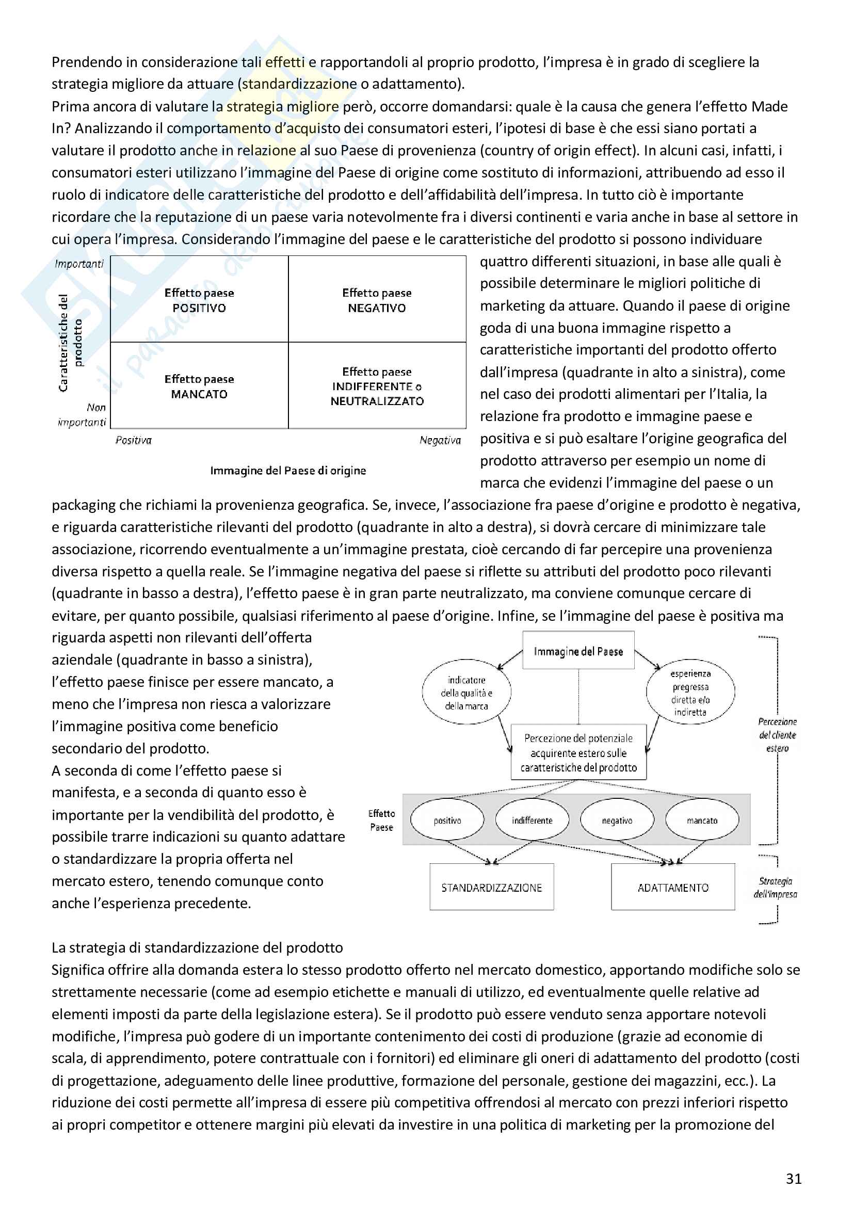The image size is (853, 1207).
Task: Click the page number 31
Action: point(793,1179)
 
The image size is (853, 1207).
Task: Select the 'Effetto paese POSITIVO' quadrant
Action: point(199,300)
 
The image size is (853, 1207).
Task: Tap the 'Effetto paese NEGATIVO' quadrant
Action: point(377,300)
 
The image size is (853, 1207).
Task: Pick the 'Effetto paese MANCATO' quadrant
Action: point(199,387)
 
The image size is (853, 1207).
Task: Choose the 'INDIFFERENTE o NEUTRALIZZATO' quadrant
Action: point(377,387)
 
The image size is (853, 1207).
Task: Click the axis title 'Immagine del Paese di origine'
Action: point(288,471)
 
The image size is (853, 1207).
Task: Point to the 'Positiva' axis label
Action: point(134,441)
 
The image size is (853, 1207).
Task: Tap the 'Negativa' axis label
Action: point(440,441)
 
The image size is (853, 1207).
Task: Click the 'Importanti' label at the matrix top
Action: point(79,264)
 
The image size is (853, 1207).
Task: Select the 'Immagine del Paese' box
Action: point(578,651)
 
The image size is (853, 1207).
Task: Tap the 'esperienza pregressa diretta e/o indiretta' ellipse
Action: point(690,693)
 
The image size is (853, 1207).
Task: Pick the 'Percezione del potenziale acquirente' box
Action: point(578,753)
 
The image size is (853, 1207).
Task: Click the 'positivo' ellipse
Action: point(447,820)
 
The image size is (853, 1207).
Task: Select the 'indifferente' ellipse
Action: point(532,820)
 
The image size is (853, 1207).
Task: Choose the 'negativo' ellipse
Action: point(617,820)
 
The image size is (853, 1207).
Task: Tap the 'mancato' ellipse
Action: point(702,820)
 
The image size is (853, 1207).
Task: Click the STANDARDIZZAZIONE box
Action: point(491,888)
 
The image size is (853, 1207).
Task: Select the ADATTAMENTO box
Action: point(673,888)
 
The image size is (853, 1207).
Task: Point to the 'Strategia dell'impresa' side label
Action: point(775,888)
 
